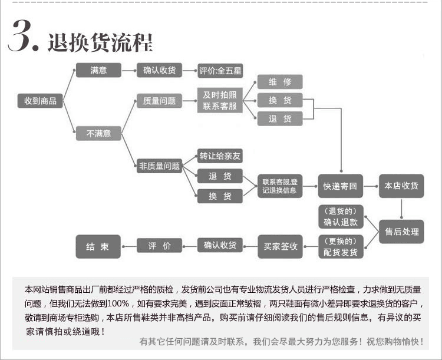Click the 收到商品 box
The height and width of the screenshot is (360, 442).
(40, 101)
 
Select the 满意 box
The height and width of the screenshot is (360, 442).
(98, 70)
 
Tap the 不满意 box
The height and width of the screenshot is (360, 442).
(98, 133)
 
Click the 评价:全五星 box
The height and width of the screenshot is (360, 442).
(220, 71)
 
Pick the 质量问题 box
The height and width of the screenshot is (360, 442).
(159, 101)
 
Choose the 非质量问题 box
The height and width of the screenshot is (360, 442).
(159, 166)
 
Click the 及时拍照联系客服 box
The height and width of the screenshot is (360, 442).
(220, 100)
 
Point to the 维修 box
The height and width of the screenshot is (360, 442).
(280, 82)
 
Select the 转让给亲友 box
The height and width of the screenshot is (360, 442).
(220, 156)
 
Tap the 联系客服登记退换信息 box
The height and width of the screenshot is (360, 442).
(280, 186)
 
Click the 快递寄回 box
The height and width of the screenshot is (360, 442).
(341, 186)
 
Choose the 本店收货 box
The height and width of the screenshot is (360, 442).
(401, 186)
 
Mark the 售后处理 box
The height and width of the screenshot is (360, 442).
(401, 232)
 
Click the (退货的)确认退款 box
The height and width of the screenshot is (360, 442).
(341, 216)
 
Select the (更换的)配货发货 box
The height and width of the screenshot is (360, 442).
(341, 247)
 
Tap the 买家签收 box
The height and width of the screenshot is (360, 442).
(280, 247)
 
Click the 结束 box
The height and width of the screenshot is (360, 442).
(98, 247)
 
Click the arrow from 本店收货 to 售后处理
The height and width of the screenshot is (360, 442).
(401, 209)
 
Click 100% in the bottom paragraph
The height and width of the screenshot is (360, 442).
(118, 303)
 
